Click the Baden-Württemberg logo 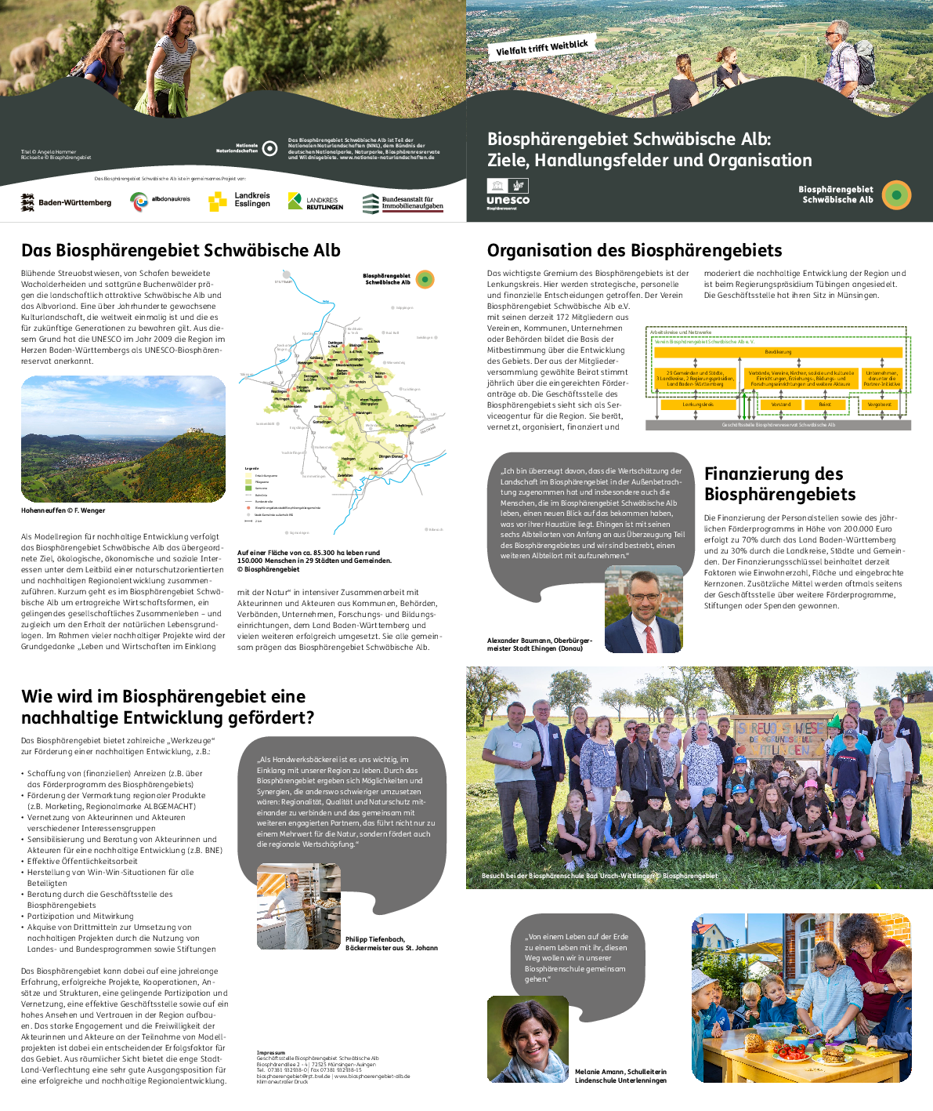[66, 202]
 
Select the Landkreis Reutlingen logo [315, 202]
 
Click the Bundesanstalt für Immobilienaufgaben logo [403, 203]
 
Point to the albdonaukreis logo [160, 201]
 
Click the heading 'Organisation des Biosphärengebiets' [635, 251]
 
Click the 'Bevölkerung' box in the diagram [778, 352]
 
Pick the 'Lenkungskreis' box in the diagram [697, 405]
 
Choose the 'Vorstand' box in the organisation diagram [781, 405]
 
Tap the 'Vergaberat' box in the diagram [881, 405]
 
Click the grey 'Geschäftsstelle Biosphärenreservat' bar [778, 425]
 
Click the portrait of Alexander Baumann [643, 609]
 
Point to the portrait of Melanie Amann [528, 1040]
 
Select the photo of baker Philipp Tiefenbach [298, 906]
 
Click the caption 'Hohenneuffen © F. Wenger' [63, 510]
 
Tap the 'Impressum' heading [271, 1052]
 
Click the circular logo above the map [425, 278]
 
